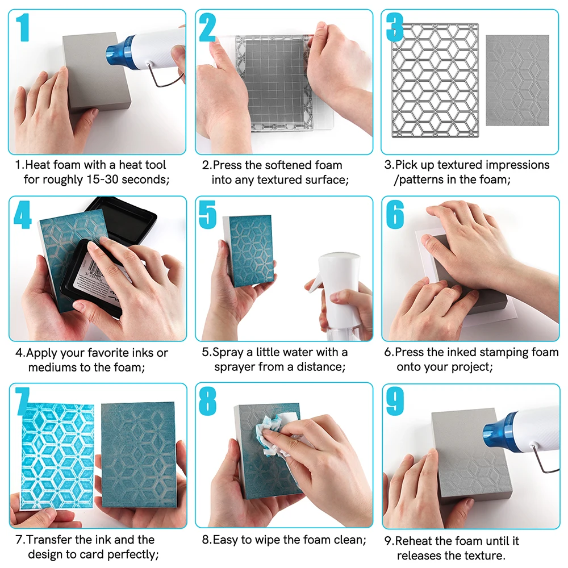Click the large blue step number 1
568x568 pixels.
click(23, 28)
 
